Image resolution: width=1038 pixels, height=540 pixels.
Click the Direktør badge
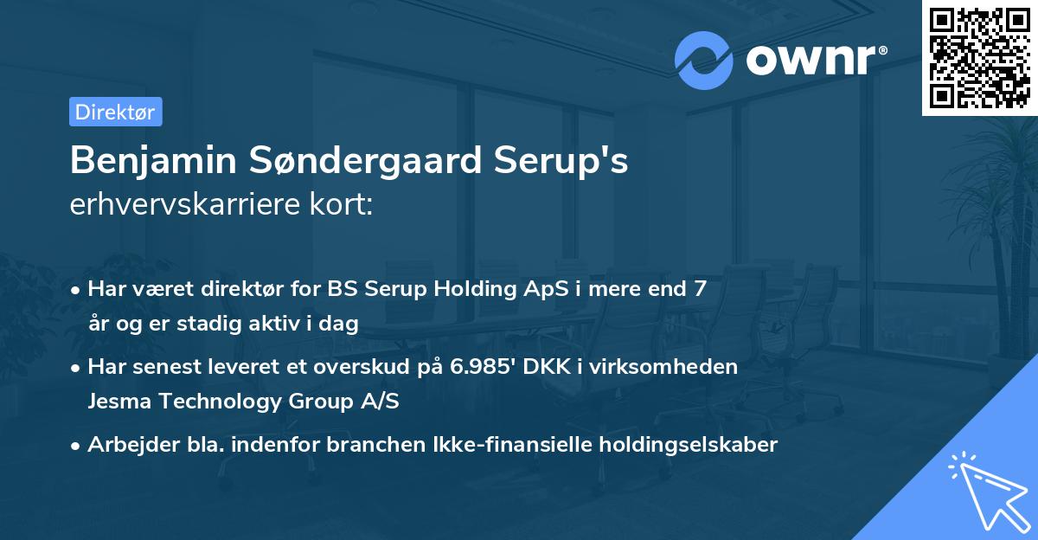click(x=115, y=112)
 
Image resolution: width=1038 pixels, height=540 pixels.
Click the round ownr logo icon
click(x=703, y=60)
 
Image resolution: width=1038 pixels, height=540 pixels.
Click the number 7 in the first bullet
click(x=699, y=289)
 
